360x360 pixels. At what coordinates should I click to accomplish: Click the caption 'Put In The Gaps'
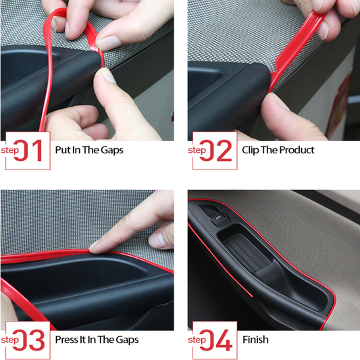pyautogui.click(x=89, y=150)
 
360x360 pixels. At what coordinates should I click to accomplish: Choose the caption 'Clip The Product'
pyautogui.click(x=278, y=150)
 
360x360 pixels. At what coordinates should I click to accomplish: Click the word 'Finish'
pyautogui.click(x=255, y=340)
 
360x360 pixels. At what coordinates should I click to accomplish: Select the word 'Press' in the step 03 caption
pyautogui.click(x=67, y=340)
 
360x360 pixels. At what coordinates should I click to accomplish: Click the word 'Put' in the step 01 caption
pyautogui.click(x=63, y=150)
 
